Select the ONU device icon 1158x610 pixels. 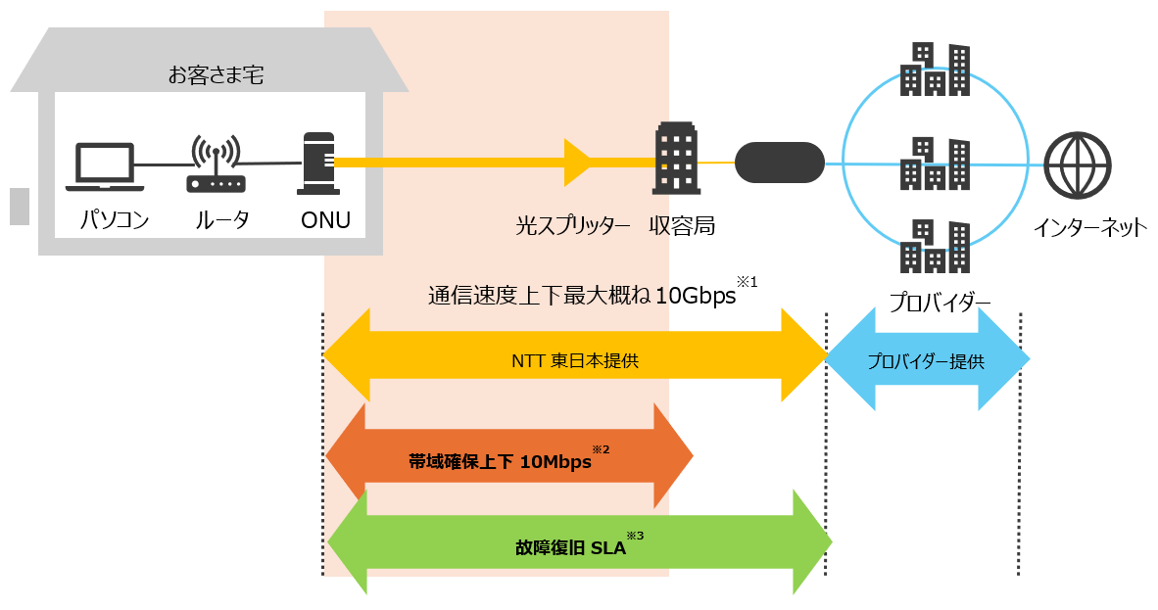tap(318, 164)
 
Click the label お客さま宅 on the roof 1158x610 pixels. tap(216, 74)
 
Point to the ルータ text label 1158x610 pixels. tap(221, 220)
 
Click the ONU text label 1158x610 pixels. tap(325, 220)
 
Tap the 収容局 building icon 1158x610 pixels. tap(677, 158)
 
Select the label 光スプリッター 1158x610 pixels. tap(573, 225)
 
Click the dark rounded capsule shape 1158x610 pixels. tap(780, 163)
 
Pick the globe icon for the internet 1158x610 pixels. tap(1078, 165)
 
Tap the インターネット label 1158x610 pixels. tap(1090, 227)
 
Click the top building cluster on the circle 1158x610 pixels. tap(935, 70)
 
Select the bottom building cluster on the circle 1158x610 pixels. tap(935, 246)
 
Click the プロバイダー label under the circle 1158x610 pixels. tap(940, 302)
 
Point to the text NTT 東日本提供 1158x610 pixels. tap(575, 360)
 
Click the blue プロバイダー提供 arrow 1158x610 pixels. tap(927, 359)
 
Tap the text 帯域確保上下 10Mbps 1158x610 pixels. tap(500, 461)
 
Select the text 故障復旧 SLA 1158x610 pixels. tap(570, 547)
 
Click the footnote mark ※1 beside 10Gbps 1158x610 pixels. tap(748, 282)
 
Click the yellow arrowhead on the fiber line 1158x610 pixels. tap(577, 163)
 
